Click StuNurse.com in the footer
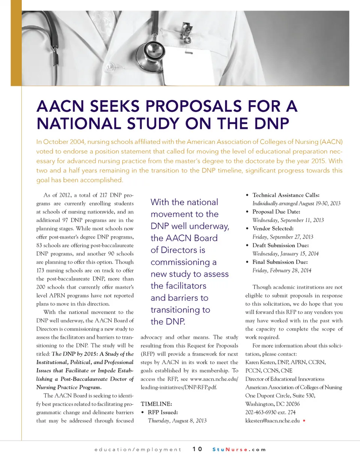coord(239,449)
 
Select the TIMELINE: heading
coord(156,404)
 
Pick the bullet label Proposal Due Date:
coord(276,212)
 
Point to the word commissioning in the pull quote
coord(183,262)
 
